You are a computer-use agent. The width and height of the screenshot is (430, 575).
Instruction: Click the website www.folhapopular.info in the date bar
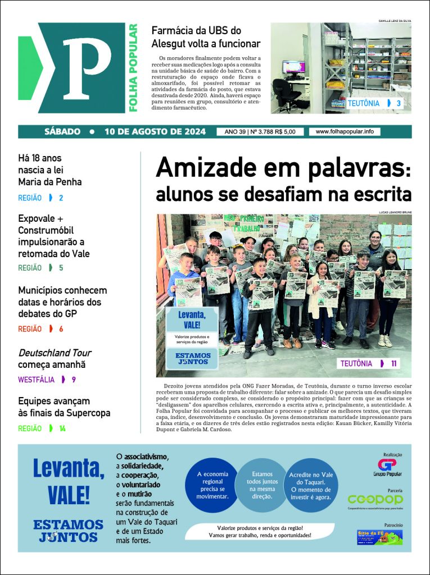tap(345, 131)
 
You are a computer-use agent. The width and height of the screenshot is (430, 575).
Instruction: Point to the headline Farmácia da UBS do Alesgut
tap(206, 36)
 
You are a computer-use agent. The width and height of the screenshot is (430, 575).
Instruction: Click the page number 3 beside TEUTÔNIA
tap(399, 103)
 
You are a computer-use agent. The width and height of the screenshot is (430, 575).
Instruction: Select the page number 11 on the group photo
tap(395, 363)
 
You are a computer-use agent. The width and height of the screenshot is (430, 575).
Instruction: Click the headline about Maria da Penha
tap(50, 170)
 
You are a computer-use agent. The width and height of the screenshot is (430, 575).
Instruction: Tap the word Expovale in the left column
tap(37, 218)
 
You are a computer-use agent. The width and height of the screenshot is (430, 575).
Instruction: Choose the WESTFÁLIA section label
tap(36, 380)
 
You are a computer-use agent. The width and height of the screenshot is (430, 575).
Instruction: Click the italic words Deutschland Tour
tap(55, 353)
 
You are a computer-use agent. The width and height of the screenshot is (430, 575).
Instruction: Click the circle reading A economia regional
tap(212, 485)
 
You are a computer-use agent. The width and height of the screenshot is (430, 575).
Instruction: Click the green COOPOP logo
tap(375, 500)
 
